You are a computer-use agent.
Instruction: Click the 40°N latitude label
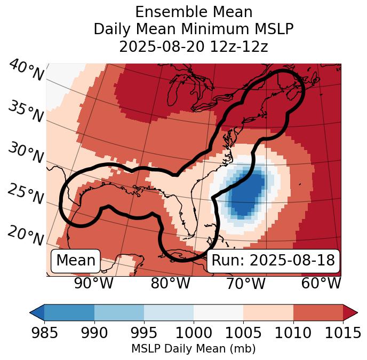click(26, 71)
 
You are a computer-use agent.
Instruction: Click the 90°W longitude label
click(93, 284)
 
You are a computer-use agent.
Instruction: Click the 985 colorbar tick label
click(44, 333)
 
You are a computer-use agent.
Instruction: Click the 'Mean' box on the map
click(76, 261)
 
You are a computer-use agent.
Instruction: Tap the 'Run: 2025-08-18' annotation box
click(273, 261)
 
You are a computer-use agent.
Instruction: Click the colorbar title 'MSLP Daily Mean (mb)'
click(193, 349)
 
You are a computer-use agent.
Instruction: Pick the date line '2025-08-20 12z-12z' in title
click(193, 46)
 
